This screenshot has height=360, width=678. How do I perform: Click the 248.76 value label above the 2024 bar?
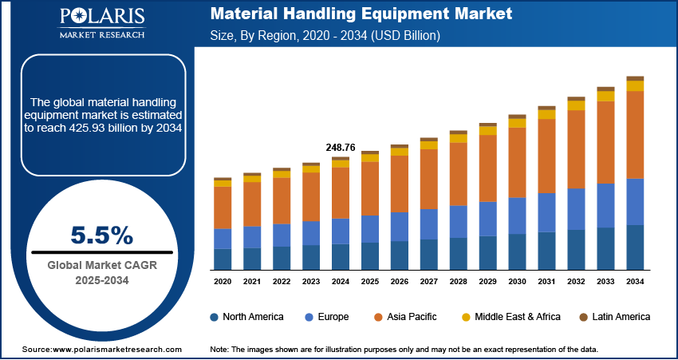(341, 148)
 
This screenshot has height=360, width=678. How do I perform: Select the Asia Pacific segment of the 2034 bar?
(635, 134)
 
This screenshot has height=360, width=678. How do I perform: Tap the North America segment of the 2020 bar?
(223, 259)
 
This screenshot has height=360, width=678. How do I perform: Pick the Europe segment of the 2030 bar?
(517, 216)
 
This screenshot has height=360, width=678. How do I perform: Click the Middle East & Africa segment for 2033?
(605, 97)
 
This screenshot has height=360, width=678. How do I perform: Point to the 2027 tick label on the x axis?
(428, 282)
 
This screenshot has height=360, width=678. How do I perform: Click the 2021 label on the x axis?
(252, 282)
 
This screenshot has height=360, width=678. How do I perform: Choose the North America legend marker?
(215, 317)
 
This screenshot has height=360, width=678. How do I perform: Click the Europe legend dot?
(309, 317)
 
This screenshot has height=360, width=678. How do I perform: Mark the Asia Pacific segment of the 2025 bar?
(370, 188)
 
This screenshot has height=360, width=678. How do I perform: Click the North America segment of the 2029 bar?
(487, 252)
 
